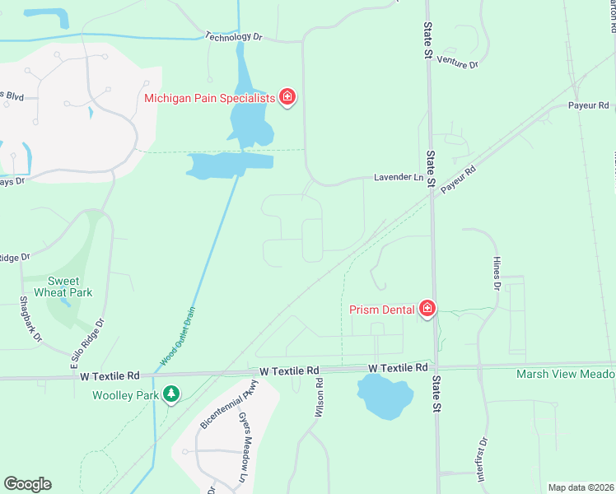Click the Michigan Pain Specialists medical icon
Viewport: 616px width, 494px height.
coord(287,98)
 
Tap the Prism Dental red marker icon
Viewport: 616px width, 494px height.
coord(427,309)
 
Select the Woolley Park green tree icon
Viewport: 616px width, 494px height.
coord(171,395)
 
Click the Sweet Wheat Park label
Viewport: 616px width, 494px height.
coord(69,287)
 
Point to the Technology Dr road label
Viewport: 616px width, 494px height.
coord(233,37)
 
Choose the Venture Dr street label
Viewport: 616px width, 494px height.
coord(458,62)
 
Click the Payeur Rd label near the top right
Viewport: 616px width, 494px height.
coord(588,105)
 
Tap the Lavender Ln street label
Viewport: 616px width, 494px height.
coord(398,177)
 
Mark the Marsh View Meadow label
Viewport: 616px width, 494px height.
coord(565,375)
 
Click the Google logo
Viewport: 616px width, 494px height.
coord(27,484)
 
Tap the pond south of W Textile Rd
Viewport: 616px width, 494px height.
coord(385,398)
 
